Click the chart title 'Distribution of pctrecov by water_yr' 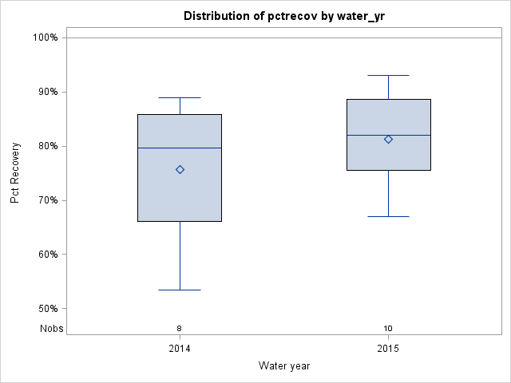(284, 16)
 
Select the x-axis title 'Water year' (284, 365)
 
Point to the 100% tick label (45, 38)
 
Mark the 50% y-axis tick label (47, 309)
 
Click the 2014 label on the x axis (180, 349)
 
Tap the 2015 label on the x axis (388, 349)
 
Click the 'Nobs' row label (51, 328)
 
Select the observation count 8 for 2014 (180, 328)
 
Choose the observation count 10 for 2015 (388, 328)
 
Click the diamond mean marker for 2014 (180, 169)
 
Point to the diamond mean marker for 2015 (388, 139)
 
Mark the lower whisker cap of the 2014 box (180, 290)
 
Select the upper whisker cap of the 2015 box (388, 75)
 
